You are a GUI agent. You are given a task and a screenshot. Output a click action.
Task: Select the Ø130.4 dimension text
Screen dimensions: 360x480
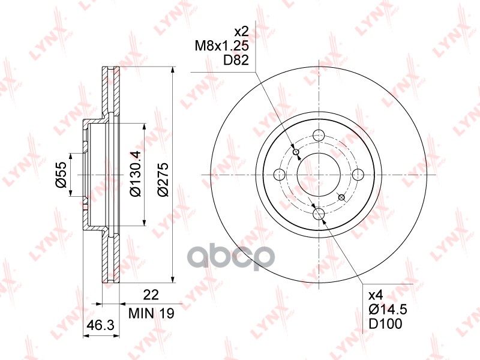(136, 175)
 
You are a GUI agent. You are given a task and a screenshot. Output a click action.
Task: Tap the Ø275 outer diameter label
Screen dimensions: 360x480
(163, 175)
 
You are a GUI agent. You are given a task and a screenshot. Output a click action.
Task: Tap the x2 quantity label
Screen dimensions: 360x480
(241, 31)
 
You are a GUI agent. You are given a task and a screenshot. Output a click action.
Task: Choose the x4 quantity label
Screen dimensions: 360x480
(375, 295)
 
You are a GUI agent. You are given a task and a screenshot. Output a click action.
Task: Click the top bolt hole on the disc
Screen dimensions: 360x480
(319, 135)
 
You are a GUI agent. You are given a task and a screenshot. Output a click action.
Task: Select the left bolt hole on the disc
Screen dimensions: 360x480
(279, 175)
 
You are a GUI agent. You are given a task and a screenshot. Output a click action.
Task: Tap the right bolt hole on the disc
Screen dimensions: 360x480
(358, 175)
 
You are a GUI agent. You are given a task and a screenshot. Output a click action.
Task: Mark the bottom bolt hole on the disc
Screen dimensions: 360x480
(319, 214)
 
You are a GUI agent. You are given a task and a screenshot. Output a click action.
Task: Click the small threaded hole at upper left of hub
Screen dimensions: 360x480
(295, 152)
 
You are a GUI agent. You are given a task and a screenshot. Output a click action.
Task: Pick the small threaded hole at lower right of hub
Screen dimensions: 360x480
(341, 197)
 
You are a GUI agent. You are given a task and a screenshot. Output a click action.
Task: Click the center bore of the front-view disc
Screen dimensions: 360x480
(319, 175)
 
